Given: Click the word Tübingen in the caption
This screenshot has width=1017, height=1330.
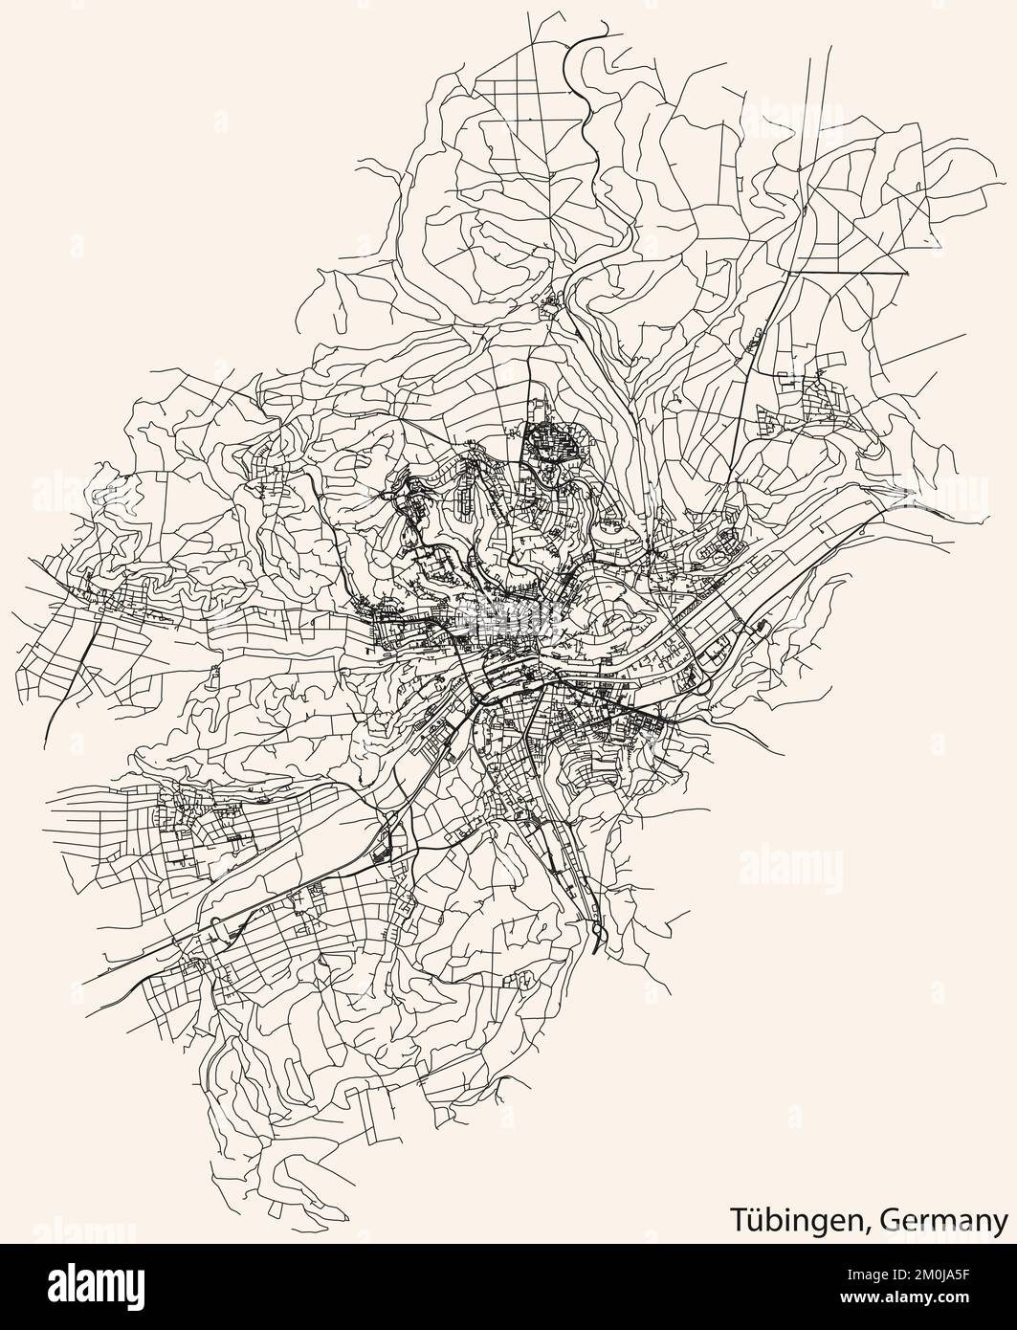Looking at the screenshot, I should (x=785, y=1221).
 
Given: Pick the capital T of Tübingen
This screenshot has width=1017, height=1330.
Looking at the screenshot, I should (x=739, y=1221).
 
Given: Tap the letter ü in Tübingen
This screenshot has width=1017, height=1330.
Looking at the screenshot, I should (x=754, y=1221).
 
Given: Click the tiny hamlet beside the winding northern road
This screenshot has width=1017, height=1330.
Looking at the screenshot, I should (x=552, y=305).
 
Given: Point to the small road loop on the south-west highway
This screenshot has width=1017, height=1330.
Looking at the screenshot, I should (x=219, y=926).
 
